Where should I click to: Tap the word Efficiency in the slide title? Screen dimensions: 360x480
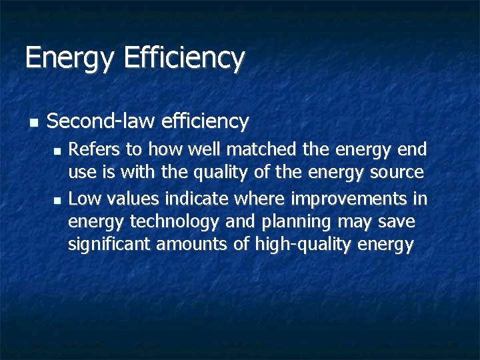184,58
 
